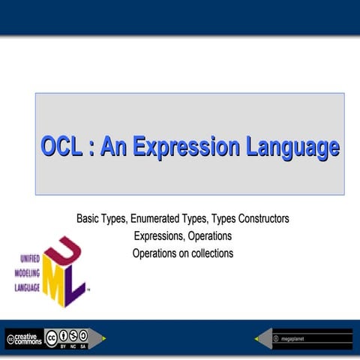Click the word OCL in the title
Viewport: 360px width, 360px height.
click(x=61, y=146)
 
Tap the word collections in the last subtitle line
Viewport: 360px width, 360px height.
click(x=207, y=253)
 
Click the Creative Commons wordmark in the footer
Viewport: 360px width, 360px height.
click(x=24, y=339)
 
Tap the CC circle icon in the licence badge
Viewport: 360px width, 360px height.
click(x=52, y=337)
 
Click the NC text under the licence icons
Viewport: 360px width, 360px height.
click(x=73, y=346)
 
